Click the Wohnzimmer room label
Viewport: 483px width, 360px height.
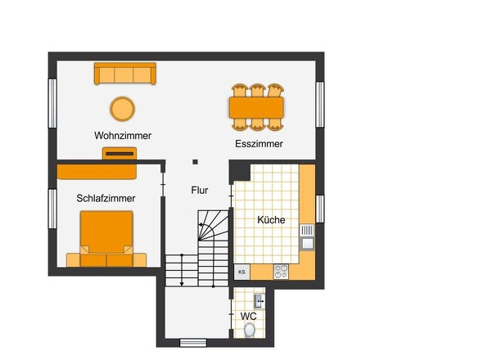[x=123, y=136]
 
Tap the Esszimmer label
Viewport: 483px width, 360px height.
[x=259, y=144]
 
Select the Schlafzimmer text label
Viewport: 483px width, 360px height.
[x=106, y=198]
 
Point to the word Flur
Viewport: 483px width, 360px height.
[x=200, y=191]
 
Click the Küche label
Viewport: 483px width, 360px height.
[x=271, y=220]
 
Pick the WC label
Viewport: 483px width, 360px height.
[x=249, y=317]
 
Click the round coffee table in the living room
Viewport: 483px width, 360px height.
[x=122, y=109]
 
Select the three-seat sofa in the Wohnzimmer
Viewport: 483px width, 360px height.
[x=125, y=74]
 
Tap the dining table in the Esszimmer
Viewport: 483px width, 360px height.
[x=256, y=107]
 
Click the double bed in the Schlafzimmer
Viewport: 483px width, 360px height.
[x=106, y=239]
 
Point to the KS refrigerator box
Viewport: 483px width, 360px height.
[x=241, y=272]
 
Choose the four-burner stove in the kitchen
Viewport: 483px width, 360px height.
[x=282, y=272]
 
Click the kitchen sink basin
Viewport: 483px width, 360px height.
[x=307, y=244]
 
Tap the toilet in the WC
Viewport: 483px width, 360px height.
[x=250, y=330]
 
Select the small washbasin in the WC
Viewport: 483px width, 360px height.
[x=259, y=301]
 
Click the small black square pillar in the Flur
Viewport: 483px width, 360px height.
[x=195, y=162]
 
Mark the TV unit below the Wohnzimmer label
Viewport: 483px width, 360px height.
[x=120, y=153]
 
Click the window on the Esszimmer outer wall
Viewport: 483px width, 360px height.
[x=320, y=105]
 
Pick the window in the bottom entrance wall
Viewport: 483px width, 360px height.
[x=193, y=343]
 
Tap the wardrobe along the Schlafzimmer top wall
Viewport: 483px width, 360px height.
[x=97, y=172]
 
